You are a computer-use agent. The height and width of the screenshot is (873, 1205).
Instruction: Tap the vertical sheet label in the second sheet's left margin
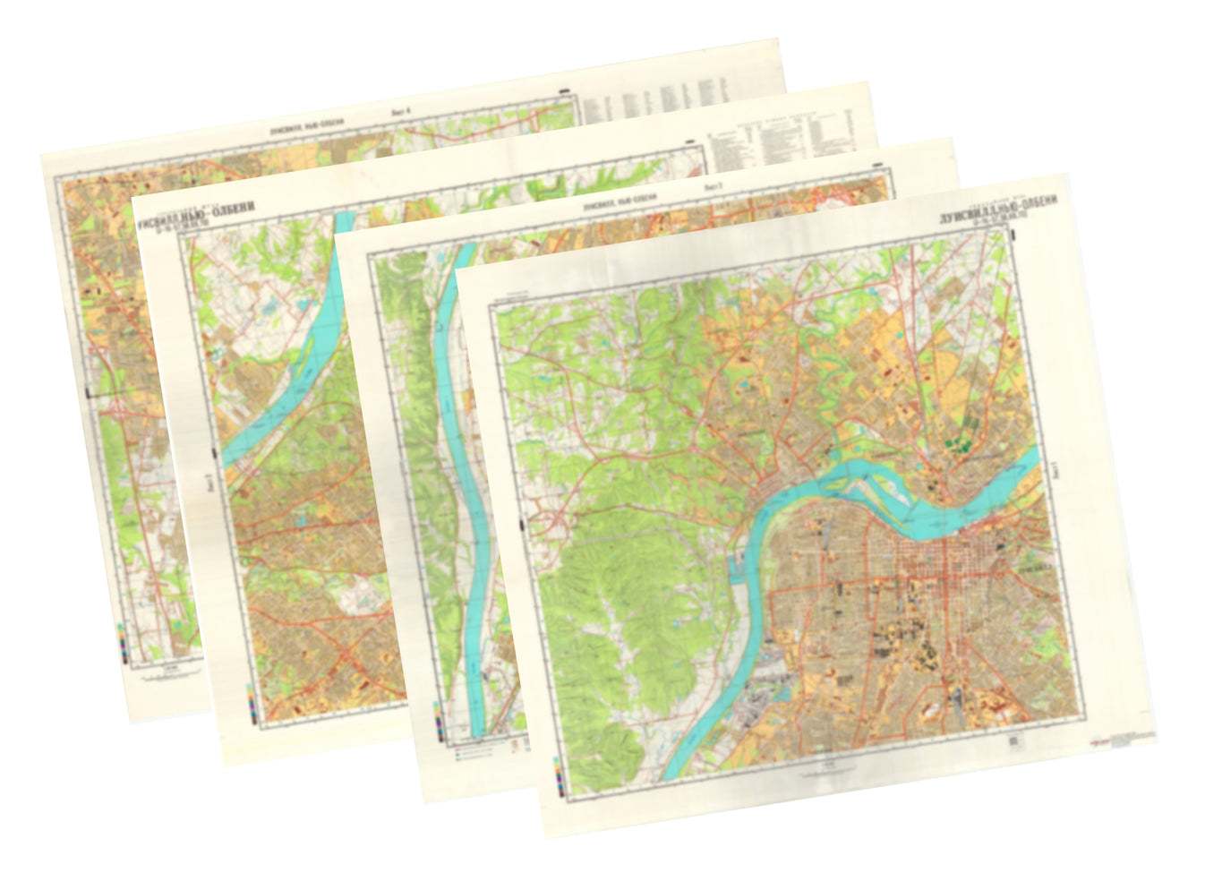[x=209, y=483]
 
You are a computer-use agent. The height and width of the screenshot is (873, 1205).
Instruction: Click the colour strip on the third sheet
[x=438, y=724]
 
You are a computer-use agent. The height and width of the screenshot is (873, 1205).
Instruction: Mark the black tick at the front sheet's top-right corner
[x=1013, y=235]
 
